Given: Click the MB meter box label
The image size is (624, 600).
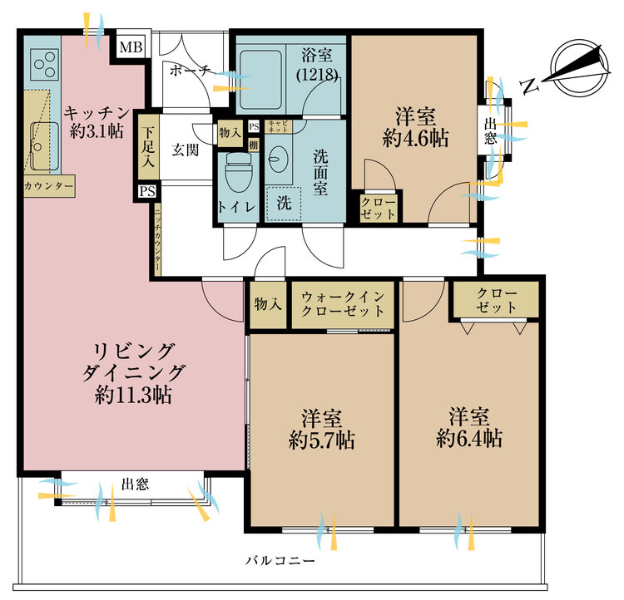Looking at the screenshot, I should [x=130, y=47].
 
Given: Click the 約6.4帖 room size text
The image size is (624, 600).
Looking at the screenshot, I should [x=469, y=439].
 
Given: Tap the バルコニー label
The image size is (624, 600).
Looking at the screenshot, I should [x=280, y=562].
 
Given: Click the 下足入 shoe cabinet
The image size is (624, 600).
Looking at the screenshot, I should [x=148, y=147].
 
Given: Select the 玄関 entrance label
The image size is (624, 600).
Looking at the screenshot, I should [x=184, y=150].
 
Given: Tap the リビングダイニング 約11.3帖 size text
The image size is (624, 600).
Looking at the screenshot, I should [x=133, y=396].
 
